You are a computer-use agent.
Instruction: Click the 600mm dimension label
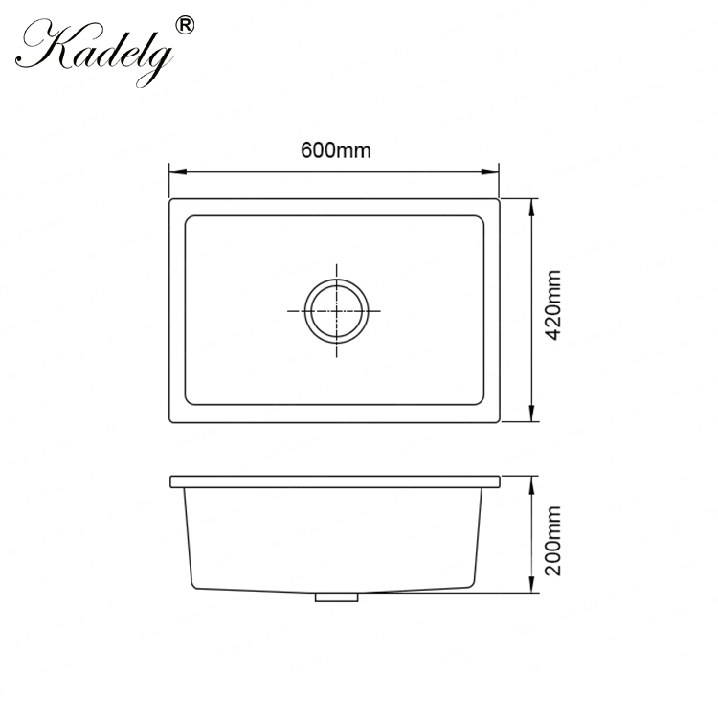tap(335, 150)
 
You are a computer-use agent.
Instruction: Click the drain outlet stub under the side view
tap(335, 596)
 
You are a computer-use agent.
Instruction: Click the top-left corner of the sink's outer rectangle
tap(170, 200)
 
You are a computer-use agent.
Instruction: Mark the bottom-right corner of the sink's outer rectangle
tap(501, 421)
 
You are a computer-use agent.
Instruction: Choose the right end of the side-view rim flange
tap(499, 481)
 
